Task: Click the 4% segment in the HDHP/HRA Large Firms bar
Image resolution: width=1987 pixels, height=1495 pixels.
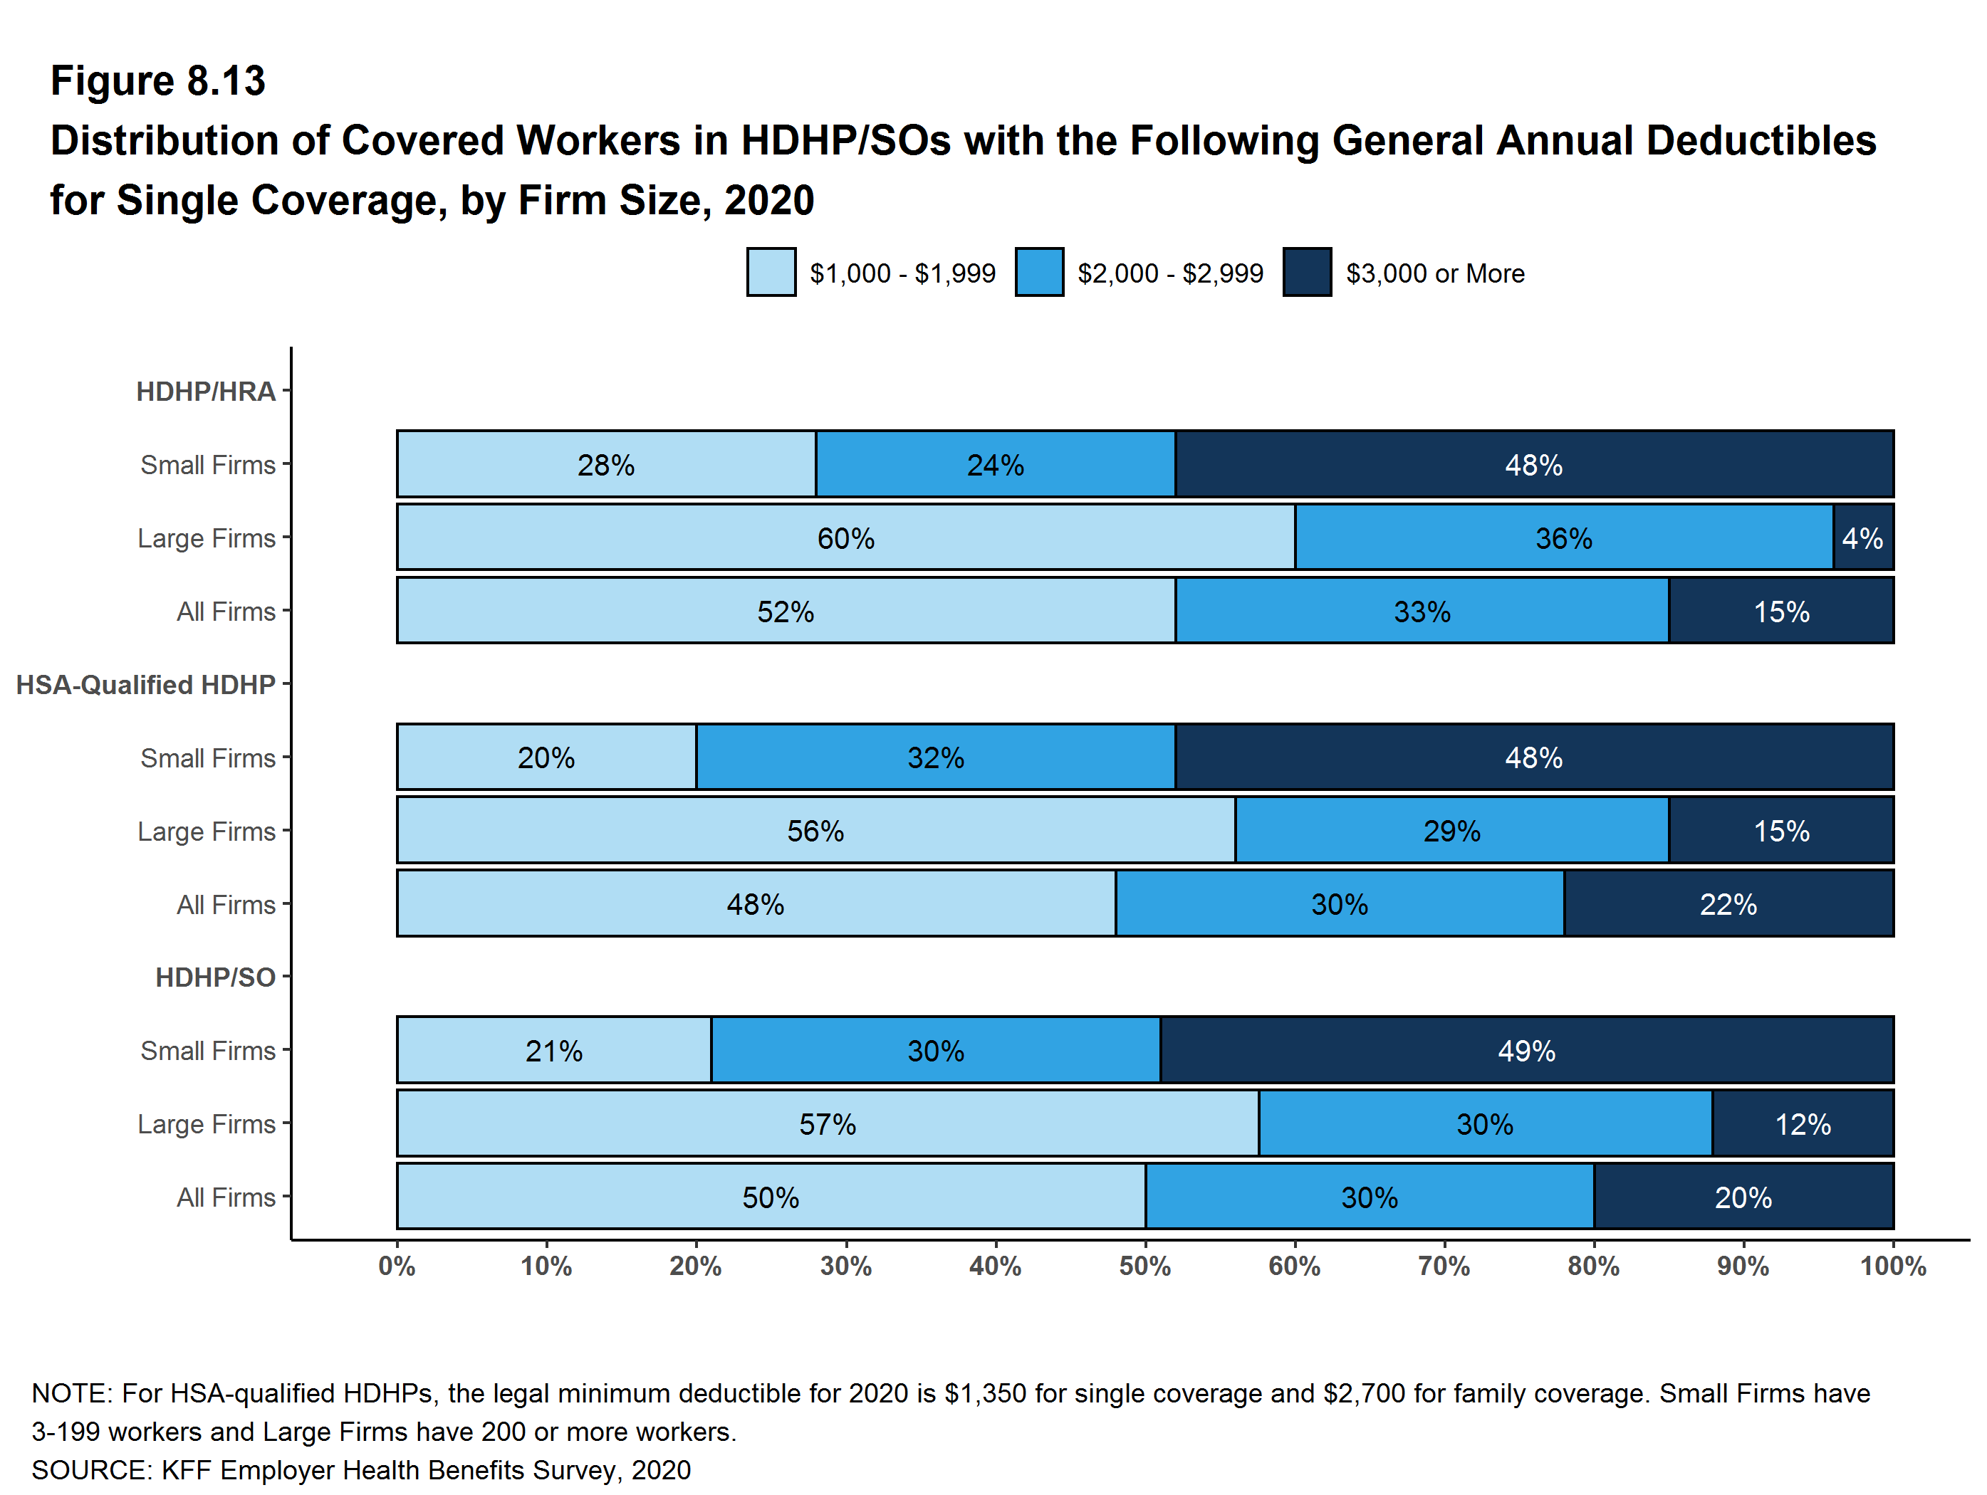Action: (x=1862, y=537)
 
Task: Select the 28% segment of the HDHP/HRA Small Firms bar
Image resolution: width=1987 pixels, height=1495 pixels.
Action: (x=605, y=464)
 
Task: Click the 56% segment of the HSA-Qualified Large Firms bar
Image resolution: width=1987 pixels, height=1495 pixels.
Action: (x=815, y=831)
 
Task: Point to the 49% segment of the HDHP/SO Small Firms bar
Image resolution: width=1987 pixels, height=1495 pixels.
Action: (x=1526, y=1051)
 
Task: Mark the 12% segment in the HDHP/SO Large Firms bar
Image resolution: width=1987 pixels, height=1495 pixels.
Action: (x=1802, y=1124)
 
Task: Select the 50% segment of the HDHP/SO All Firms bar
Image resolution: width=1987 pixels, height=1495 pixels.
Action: (x=770, y=1197)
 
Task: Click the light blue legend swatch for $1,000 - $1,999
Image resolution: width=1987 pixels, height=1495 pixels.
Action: (x=771, y=272)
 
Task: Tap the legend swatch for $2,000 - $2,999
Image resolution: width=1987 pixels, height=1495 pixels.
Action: (x=1039, y=272)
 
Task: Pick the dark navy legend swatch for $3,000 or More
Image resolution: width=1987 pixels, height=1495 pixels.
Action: (x=1307, y=272)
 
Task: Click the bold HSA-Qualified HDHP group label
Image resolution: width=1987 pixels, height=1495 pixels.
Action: (x=145, y=685)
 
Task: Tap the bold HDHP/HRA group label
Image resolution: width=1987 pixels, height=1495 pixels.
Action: (x=206, y=392)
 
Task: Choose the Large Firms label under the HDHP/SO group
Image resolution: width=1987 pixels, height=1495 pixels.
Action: (x=207, y=1124)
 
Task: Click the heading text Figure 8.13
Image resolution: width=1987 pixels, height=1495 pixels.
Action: (x=158, y=81)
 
